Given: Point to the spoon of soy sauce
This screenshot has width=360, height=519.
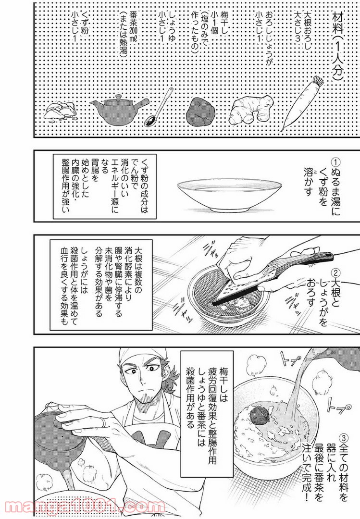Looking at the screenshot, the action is [x=159, y=107].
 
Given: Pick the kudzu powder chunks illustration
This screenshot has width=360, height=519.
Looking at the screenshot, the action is [x=61, y=111].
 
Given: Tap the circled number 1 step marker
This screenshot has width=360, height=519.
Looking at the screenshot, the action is [x=336, y=162].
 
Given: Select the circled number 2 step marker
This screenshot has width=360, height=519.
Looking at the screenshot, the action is [x=336, y=273].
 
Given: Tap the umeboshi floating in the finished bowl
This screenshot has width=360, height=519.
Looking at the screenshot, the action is [x=256, y=413].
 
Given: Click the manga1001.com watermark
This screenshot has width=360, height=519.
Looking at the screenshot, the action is [x=83, y=507].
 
